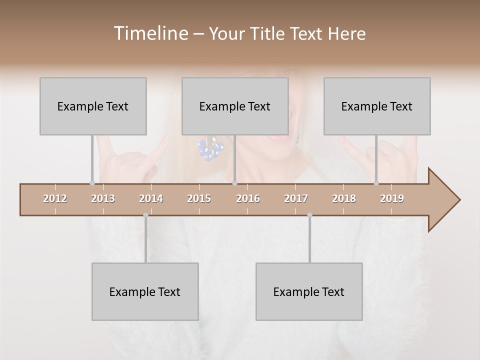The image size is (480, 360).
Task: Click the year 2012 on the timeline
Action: tap(55, 198)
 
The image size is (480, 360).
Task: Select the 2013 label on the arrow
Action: tap(103, 198)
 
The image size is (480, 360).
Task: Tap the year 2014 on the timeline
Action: tap(151, 198)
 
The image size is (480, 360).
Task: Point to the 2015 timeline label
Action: tap(199, 198)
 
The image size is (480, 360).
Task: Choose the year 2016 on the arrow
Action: tap(248, 198)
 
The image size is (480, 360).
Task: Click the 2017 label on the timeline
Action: tap(296, 198)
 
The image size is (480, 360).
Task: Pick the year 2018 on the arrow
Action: tap(344, 198)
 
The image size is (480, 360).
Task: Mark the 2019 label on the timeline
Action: tap(392, 198)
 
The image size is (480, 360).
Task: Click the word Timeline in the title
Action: tap(150, 33)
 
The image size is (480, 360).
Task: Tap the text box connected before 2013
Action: tap(93, 106)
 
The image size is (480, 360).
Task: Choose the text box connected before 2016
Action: tap(235, 106)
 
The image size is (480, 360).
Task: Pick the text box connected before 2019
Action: tap(377, 106)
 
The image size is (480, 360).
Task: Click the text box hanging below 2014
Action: tap(145, 291)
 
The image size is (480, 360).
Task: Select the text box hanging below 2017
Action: tap(309, 291)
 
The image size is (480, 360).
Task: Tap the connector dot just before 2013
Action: tap(92, 183)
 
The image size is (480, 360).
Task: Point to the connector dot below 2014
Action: tap(145, 215)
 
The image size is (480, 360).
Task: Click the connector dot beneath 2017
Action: tap(309, 215)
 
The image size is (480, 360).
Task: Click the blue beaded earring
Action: tap(210, 149)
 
